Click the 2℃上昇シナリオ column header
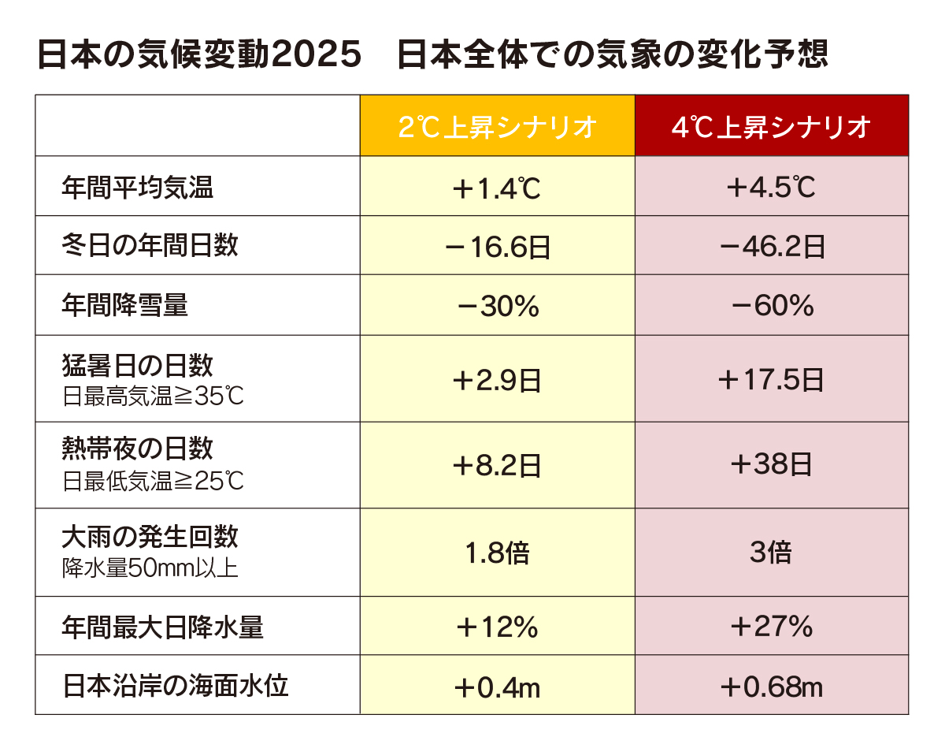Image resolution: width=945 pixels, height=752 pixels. point(497,127)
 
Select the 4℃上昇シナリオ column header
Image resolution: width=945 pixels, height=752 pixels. point(771,127)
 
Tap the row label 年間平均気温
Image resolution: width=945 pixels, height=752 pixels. point(138,188)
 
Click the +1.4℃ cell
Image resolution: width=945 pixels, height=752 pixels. point(497,188)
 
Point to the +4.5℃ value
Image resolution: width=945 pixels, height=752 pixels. point(771,188)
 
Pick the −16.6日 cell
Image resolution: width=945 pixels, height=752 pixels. point(497,248)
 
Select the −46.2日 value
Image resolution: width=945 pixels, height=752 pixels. point(771,248)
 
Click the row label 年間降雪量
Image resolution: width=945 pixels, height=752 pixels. point(125,305)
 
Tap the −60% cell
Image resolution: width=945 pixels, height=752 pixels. point(771,306)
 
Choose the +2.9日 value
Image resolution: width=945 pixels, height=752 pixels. point(497,381)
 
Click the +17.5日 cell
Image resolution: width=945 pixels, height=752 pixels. point(771,381)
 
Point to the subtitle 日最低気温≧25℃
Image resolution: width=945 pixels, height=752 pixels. point(153,480)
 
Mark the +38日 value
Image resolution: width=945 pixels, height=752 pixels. point(771,465)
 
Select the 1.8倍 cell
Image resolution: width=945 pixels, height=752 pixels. point(497,553)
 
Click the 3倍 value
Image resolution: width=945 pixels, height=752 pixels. point(771,553)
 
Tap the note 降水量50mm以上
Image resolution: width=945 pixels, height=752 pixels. point(150,568)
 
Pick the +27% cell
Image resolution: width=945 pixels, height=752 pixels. point(771,627)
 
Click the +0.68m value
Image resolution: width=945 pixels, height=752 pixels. point(771,687)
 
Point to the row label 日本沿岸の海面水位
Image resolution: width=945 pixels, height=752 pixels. point(176,686)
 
